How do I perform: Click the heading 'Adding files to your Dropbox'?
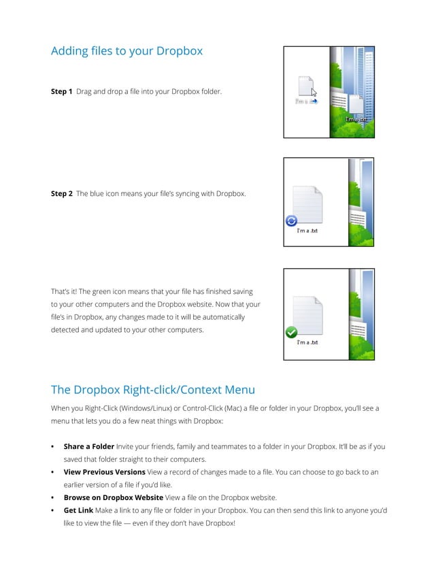pyautogui.click(x=127, y=51)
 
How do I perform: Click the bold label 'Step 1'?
pyautogui.click(x=61, y=91)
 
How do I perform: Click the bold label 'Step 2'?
pyautogui.click(x=61, y=194)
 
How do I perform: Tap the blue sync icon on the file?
pyautogui.click(x=292, y=220)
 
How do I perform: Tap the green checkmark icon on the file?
pyautogui.click(x=291, y=333)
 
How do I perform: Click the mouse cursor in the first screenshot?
pyautogui.click(x=314, y=93)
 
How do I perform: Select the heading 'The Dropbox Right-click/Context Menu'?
pyautogui.click(x=153, y=390)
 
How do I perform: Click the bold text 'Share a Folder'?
pyautogui.click(x=88, y=447)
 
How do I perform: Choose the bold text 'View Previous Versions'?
pyautogui.click(x=104, y=472)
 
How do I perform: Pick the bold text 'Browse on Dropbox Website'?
pyautogui.click(x=113, y=497)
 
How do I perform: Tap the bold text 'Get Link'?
pyautogui.click(x=79, y=510)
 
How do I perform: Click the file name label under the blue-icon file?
pyautogui.click(x=307, y=231)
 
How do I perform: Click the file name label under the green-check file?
pyautogui.click(x=307, y=342)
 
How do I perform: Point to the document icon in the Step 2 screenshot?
pyautogui.click(x=307, y=204)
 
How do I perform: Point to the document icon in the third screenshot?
pyautogui.click(x=307, y=315)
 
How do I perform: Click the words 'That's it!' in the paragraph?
pyautogui.click(x=65, y=291)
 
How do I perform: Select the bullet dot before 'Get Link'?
pyautogui.click(x=53, y=510)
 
